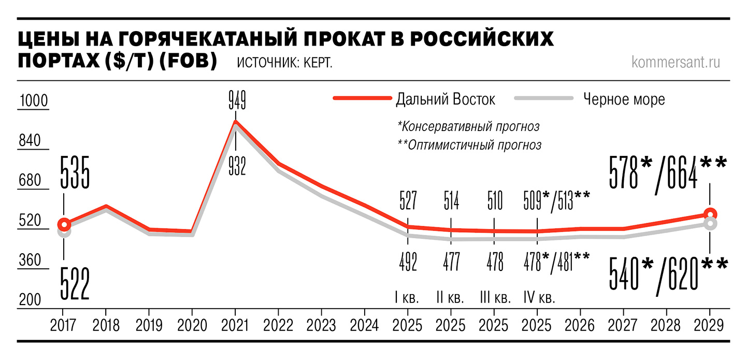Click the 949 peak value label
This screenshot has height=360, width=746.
(237, 99)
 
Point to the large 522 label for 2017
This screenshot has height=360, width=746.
(75, 283)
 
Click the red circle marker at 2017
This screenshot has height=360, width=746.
(64, 224)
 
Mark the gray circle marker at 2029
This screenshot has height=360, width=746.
(710, 224)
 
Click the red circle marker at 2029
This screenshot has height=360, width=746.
(710, 213)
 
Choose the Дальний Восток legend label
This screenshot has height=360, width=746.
(445, 99)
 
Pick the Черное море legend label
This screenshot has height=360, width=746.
(624, 99)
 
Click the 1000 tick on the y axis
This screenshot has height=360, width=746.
(33, 102)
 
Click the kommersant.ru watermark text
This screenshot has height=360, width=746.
(676, 62)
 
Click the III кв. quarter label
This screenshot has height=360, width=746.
(495, 299)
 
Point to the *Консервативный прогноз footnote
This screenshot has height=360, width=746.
(468, 126)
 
